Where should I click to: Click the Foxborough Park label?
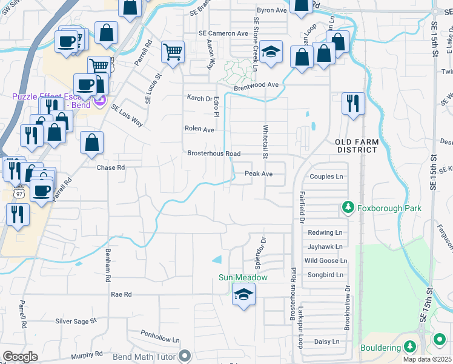(x=389, y=208)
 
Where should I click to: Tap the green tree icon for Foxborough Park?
(x=348, y=208)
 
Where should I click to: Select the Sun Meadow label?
(x=243, y=278)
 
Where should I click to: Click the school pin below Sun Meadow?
(x=244, y=295)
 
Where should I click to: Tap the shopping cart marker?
(x=173, y=52)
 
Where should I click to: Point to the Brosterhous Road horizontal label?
(x=214, y=153)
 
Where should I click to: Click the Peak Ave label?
(x=259, y=174)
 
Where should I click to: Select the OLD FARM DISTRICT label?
(x=357, y=146)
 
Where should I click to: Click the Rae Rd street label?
(x=121, y=294)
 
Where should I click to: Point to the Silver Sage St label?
(x=76, y=321)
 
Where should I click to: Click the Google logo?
(x=20, y=357)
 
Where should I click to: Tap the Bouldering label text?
(x=380, y=348)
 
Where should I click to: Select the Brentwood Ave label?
(x=256, y=85)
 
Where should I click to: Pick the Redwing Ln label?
(x=325, y=232)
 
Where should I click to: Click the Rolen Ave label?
(x=200, y=129)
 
